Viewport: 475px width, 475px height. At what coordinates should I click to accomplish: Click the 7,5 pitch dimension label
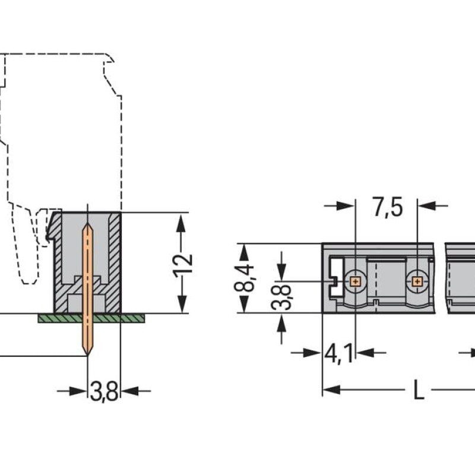(388, 207)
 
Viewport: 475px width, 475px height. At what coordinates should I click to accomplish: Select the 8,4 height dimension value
(244, 278)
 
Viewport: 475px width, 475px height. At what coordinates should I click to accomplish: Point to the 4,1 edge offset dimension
(338, 353)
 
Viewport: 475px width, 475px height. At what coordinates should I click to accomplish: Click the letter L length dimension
(419, 390)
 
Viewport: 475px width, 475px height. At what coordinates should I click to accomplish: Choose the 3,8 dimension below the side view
(104, 391)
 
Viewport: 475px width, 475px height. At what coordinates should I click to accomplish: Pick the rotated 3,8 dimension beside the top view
(281, 297)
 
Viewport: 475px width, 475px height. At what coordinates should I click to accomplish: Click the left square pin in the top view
(355, 282)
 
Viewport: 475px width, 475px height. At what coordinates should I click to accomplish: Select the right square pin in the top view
(417, 282)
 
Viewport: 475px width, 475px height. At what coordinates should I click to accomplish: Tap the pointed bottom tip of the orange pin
(87, 354)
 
